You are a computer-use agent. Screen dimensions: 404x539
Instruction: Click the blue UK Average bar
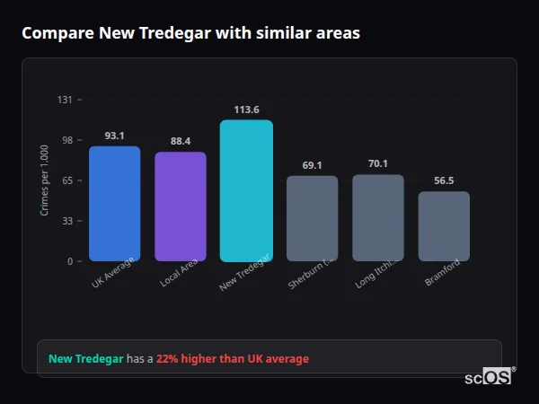coord(114,204)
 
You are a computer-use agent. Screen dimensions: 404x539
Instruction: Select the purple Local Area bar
coord(181,206)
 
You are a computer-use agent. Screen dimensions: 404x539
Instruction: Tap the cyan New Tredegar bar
coord(246,190)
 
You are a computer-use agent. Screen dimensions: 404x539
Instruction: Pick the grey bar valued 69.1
coord(312,218)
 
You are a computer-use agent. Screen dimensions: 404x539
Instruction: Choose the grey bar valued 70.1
coord(378,217)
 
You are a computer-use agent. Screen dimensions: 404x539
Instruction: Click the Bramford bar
coord(444,226)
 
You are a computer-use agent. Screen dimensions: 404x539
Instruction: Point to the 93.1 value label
coord(114,136)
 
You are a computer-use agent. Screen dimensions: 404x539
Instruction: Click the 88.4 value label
coord(181,141)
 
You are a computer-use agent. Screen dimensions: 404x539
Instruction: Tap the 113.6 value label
coord(246,110)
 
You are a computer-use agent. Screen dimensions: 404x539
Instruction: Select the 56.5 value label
coord(444,180)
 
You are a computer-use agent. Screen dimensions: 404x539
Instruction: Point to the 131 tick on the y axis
coord(65,100)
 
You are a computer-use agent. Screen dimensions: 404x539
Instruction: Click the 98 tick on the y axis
coord(66,140)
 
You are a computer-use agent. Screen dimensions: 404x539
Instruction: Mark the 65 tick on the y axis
coord(66,180)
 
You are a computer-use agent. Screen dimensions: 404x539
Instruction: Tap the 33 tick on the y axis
coord(66,221)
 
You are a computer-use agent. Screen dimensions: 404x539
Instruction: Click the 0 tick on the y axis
coord(69,261)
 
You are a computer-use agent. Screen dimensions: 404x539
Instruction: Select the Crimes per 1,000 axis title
coord(45,180)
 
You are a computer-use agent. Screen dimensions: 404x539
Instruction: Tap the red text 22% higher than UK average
coord(232,359)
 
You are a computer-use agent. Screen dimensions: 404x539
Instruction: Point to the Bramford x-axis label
coord(443,273)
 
